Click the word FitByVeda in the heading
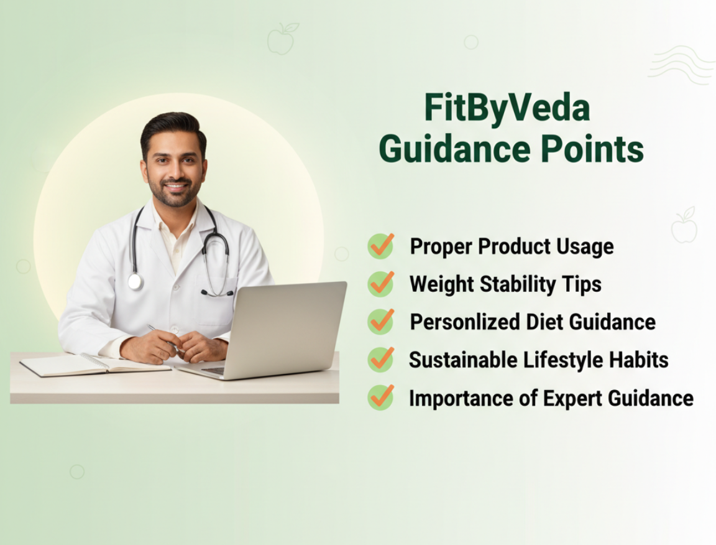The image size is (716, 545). [x=507, y=108]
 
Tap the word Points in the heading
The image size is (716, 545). [x=592, y=149]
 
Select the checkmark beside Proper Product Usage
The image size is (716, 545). [x=381, y=246]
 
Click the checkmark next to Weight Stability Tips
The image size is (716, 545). [x=381, y=284]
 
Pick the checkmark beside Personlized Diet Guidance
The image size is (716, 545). [x=381, y=322]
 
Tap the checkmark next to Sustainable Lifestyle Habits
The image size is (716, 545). [x=381, y=360]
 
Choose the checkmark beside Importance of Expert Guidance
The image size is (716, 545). [x=381, y=398]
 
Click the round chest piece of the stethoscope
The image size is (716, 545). [x=135, y=282]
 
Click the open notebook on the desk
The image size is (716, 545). [x=95, y=365]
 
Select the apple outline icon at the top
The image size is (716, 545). [x=282, y=39]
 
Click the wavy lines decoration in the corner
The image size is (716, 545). [x=681, y=65]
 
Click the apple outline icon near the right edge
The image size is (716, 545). [x=684, y=225]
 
